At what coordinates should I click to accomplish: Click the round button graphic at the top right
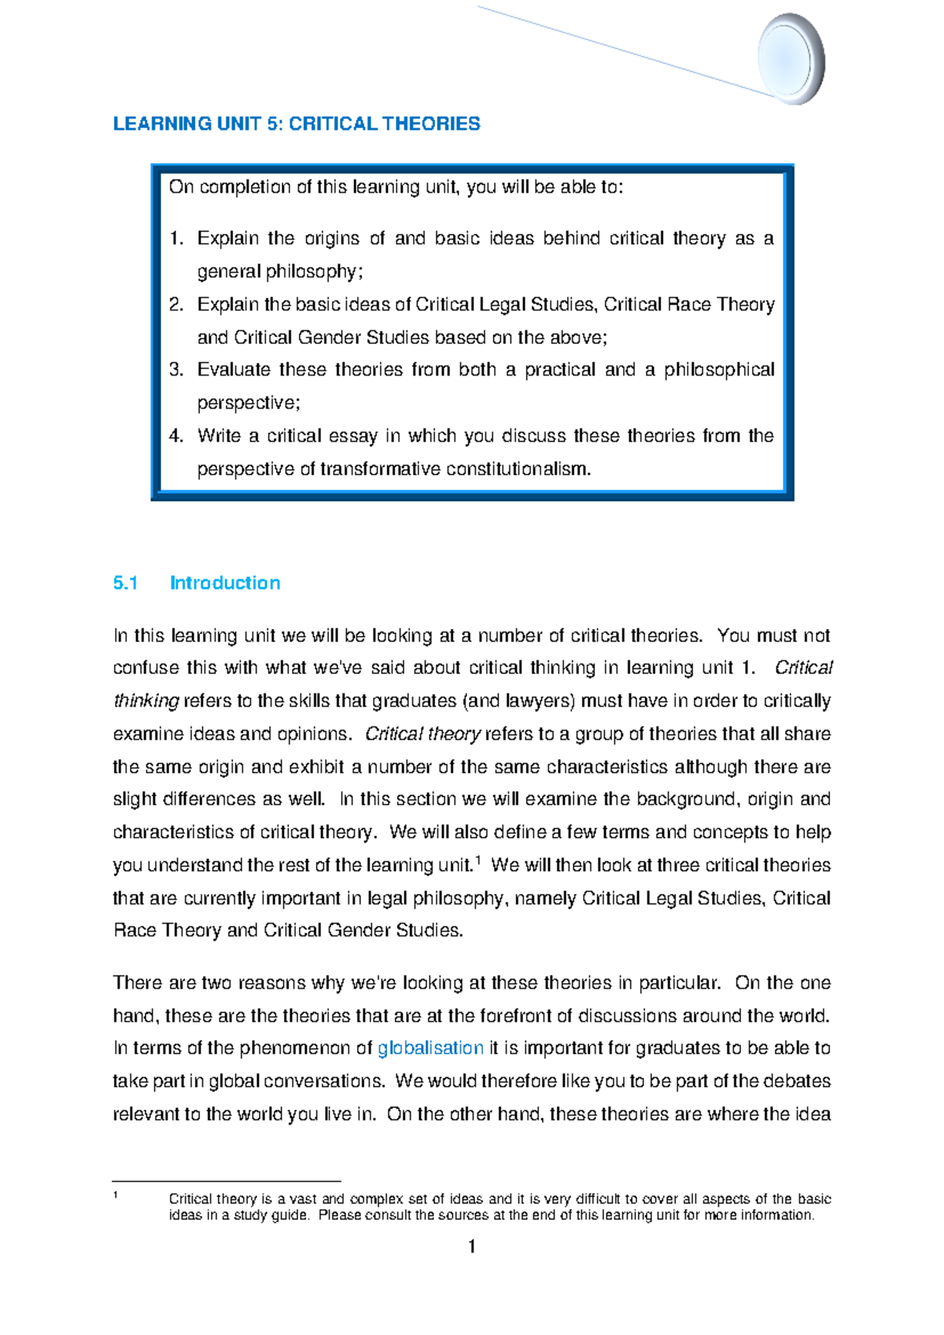click(790, 59)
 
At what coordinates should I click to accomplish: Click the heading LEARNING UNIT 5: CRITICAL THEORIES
click(297, 124)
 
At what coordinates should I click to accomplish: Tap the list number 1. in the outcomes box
click(176, 239)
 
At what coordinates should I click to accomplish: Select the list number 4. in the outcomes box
click(176, 436)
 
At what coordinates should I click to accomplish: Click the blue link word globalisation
click(430, 1048)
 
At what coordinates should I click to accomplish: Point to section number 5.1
click(125, 583)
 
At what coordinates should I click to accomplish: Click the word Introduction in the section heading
click(225, 583)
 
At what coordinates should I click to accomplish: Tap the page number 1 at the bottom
click(471, 1246)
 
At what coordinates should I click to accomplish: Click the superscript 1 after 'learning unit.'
click(478, 860)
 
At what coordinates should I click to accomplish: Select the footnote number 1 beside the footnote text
click(116, 1196)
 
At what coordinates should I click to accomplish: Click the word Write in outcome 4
click(219, 436)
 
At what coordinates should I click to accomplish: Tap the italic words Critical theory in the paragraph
click(422, 734)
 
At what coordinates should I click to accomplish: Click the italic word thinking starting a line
click(146, 701)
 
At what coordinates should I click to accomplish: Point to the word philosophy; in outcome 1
click(314, 272)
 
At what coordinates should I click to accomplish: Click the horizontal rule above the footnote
click(227, 1181)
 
